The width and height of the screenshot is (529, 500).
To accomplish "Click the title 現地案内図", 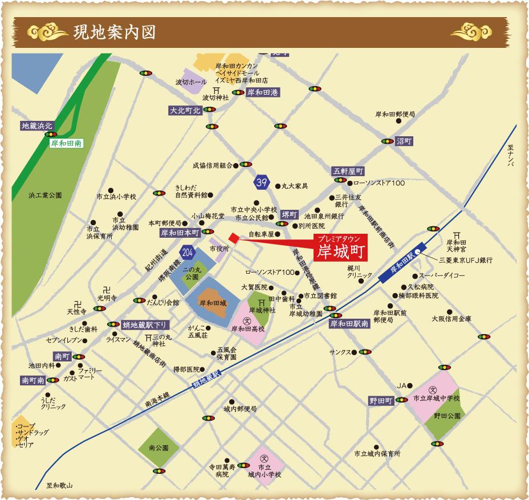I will pos(114,31).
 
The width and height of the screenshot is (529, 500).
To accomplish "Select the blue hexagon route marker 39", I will pos(261,182).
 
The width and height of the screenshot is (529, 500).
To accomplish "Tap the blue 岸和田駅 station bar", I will pos(403,266).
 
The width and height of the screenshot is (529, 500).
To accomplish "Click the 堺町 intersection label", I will pos(290,215).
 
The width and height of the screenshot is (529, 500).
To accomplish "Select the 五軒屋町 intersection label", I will pos(348,170).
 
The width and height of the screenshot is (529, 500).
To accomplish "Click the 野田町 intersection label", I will pos(380,401).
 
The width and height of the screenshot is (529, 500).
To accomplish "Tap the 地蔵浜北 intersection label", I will pos(36,125).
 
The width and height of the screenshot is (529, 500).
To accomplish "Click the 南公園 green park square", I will pos(158,448).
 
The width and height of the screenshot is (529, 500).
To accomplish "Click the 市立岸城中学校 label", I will pos(436,397).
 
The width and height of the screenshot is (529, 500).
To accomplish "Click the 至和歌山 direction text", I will pos(59,486).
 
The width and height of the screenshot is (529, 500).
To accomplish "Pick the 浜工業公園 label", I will pos(45,195).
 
